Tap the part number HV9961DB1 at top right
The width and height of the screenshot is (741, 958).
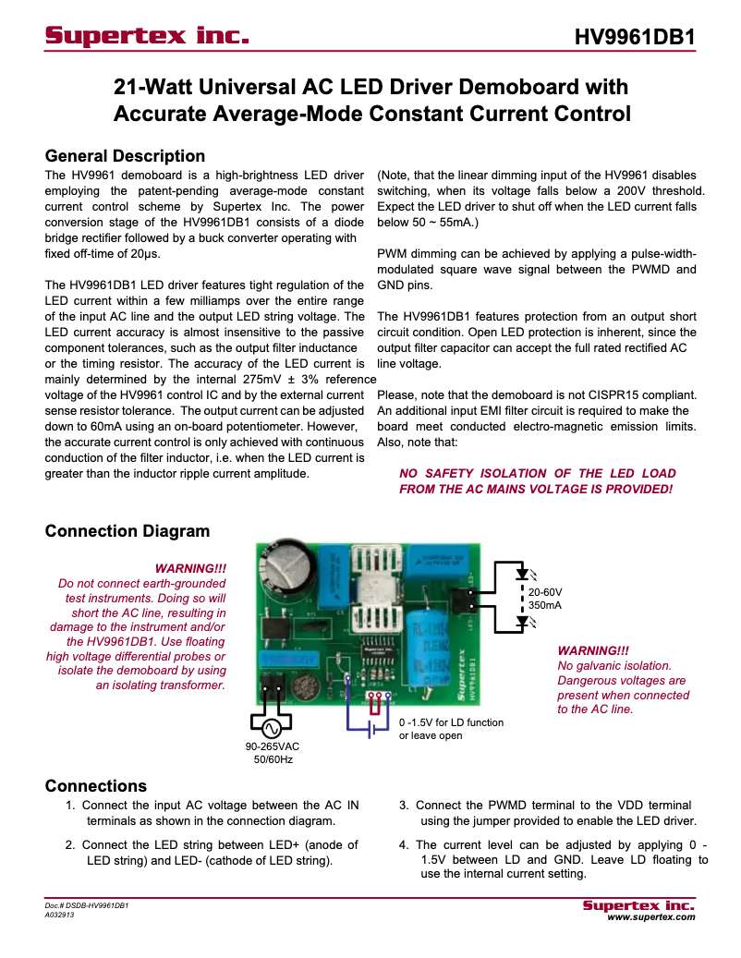click(634, 37)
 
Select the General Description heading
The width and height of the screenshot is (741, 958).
click(125, 155)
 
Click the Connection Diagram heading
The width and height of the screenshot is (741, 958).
click(128, 531)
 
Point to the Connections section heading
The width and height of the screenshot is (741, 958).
click(96, 786)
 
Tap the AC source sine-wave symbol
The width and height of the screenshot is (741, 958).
click(273, 725)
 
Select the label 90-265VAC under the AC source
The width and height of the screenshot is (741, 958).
click(273, 746)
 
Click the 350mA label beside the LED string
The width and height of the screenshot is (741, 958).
click(545, 605)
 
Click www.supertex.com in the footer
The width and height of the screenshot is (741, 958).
click(650, 918)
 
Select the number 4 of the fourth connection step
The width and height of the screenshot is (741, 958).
click(403, 844)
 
